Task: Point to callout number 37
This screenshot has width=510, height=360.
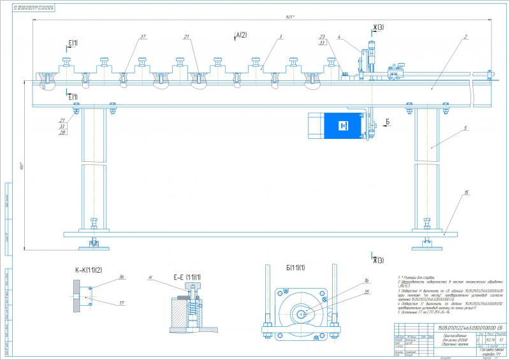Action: [143, 38]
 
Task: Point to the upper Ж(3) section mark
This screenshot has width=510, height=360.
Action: [378, 27]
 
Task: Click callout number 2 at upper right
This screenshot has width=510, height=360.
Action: [467, 37]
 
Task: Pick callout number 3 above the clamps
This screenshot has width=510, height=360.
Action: [280, 37]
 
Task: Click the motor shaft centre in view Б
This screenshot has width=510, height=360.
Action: [302, 313]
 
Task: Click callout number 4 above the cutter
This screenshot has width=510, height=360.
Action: [339, 37]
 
